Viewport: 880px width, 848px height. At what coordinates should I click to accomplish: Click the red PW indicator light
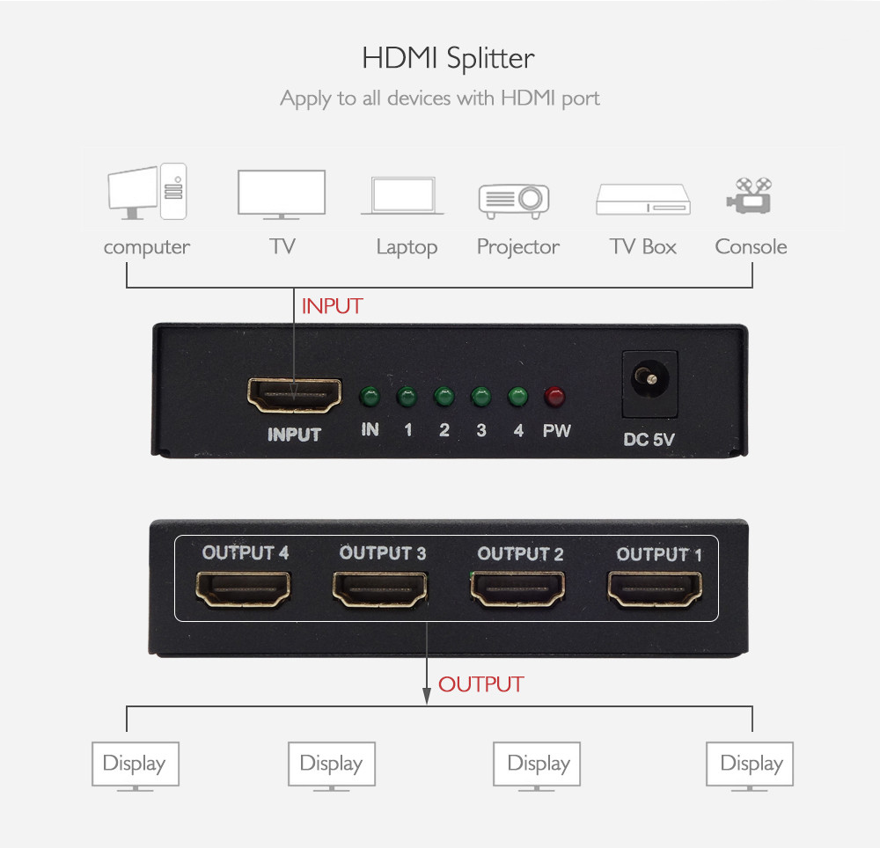554,397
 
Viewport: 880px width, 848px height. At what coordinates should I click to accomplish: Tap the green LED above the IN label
370,397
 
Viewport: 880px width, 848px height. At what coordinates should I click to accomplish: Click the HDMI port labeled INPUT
295,395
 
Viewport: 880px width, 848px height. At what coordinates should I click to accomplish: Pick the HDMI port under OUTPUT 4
243,589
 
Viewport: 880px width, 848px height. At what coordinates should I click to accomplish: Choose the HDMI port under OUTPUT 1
655,589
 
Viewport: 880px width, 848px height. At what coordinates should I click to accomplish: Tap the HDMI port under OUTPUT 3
380,589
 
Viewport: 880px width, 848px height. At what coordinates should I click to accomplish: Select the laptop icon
402,196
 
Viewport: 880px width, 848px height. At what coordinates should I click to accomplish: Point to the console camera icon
749,195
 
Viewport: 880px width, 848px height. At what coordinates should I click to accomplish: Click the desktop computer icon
147,191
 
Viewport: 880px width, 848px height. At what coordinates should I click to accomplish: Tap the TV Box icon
643,200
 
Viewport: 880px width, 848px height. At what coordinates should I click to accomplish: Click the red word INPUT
333,306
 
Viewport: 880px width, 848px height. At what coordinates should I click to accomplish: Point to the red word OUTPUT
481,684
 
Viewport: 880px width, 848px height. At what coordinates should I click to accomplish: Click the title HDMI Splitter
448,58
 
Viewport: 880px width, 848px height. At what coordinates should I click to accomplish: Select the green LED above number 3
481,397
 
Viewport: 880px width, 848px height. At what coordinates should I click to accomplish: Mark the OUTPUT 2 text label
520,554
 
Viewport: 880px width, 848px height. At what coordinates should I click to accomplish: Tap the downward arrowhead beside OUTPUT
427,696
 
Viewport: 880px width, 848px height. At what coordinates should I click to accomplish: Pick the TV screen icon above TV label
282,194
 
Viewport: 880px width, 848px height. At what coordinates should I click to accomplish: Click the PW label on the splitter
556,431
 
